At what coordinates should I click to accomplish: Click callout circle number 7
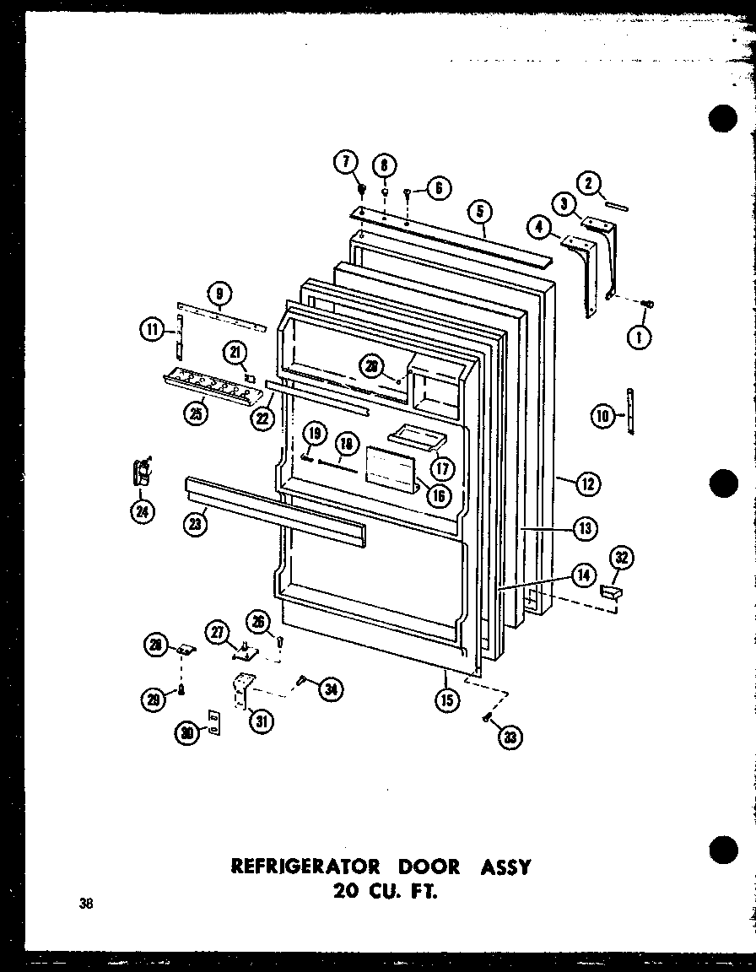[x=346, y=161]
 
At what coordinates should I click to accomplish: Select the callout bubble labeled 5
[x=480, y=212]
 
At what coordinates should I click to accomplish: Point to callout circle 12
[x=589, y=483]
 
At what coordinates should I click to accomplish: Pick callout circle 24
[x=142, y=513]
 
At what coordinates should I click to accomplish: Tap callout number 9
[x=219, y=294]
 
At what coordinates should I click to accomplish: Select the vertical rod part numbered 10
[x=631, y=408]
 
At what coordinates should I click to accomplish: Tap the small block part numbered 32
[x=610, y=594]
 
